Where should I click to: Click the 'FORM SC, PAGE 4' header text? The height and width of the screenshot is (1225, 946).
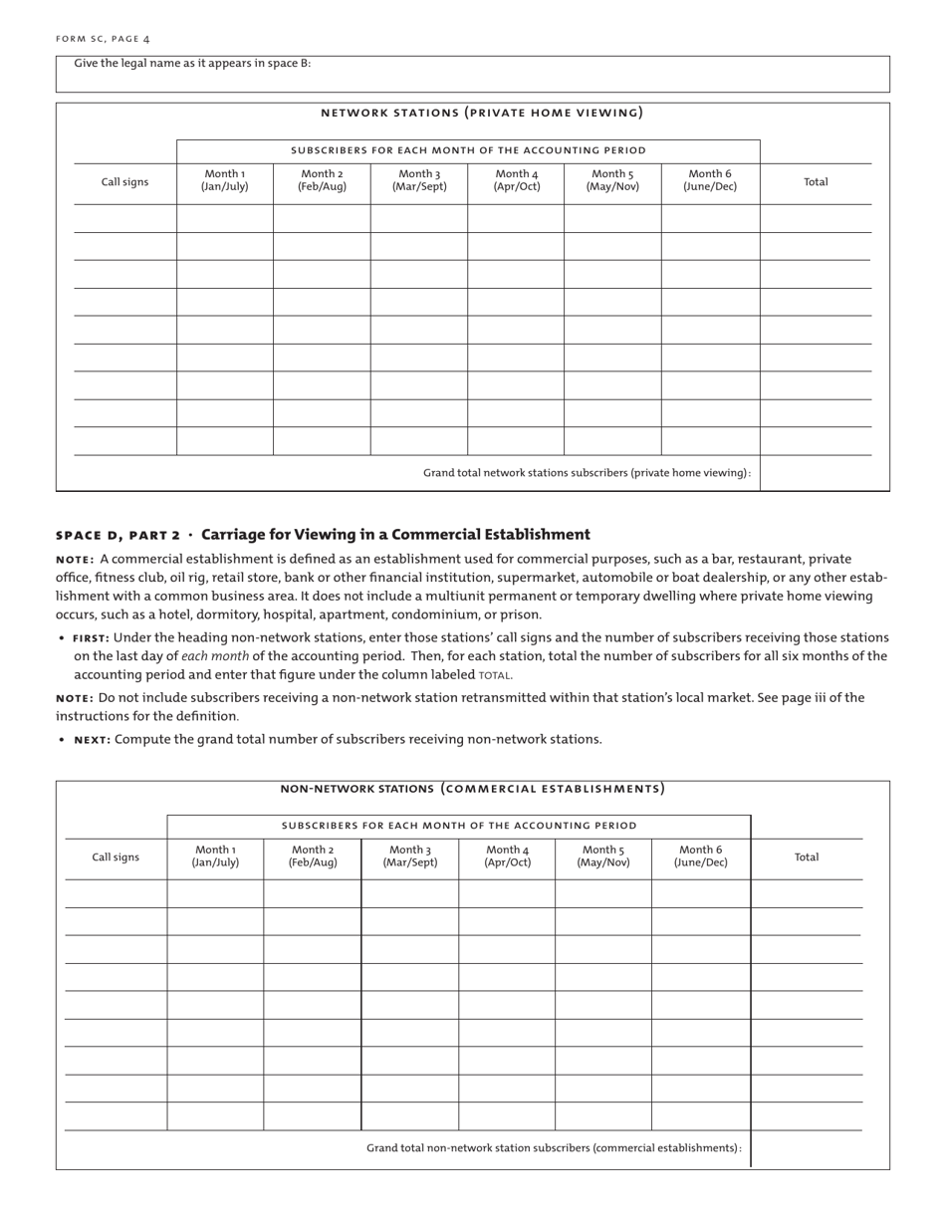click(103, 39)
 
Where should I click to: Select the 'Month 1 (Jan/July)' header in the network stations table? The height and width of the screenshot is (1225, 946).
click(224, 180)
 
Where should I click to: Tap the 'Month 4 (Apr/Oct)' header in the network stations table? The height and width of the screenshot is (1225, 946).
click(516, 180)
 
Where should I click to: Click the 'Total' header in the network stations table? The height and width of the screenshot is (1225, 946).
click(816, 182)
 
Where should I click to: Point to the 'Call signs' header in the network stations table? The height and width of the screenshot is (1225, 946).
click(124, 182)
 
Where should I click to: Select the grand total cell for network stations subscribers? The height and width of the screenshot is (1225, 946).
click(816, 473)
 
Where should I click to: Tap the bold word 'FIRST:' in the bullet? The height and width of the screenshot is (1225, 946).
click(91, 637)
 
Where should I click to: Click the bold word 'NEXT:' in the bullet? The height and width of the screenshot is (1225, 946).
click(93, 739)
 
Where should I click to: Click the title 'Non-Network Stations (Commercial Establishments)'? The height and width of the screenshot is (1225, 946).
click(472, 789)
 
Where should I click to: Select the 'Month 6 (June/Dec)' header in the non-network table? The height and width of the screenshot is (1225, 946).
click(700, 857)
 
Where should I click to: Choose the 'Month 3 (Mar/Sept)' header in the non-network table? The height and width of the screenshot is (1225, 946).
click(409, 857)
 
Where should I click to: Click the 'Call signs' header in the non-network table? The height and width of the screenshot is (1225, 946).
click(116, 857)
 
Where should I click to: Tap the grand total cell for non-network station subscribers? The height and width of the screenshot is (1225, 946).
click(807, 1148)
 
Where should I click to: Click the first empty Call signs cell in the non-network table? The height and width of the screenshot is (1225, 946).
click(116, 893)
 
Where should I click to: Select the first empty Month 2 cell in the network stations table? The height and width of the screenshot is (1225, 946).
click(322, 218)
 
